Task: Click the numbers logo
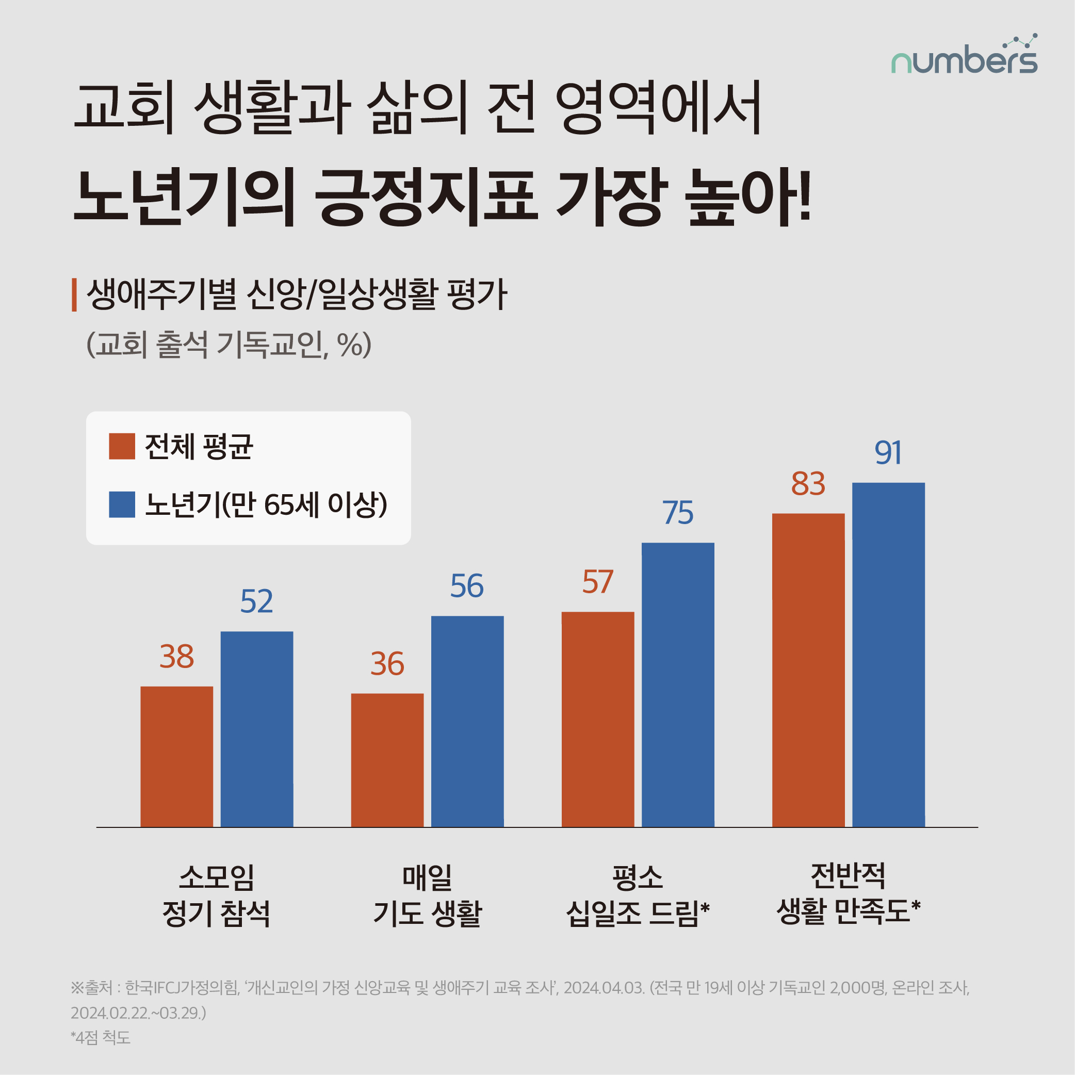(964, 56)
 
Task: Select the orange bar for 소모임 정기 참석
(176, 756)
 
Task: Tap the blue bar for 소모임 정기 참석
(256, 729)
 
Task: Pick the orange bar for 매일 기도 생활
(387, 759)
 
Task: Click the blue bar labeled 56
(467, 721)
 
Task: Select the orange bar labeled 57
(597, 719)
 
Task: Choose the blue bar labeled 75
(678, 685)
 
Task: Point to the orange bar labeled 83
(808, 670)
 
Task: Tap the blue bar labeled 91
(888, 655)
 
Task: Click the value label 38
(176, 657)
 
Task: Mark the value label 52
(256, 601)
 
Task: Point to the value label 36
(387, 664)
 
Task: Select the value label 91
(888, 452)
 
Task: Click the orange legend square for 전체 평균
(122, 446)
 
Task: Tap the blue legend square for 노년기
(122, 504)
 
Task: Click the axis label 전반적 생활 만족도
(848, 893)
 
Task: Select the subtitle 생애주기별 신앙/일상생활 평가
(297, 295)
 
